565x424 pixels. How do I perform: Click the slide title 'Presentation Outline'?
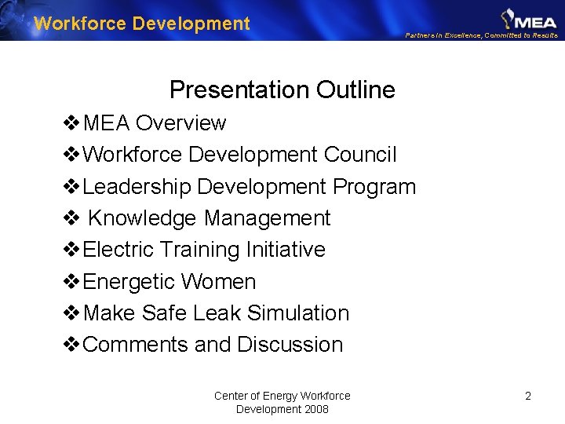pos(282,90)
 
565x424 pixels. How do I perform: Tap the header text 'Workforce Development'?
pos(142,24)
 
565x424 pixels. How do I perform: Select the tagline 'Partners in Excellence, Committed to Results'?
pos(482,35)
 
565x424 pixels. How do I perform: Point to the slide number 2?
pos(528,396)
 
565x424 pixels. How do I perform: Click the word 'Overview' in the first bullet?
pos(180,123)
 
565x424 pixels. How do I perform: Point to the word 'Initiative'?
pos(286,250)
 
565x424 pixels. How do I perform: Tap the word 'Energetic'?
pos(130,282)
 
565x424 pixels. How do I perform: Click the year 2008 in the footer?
pos(314,409)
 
